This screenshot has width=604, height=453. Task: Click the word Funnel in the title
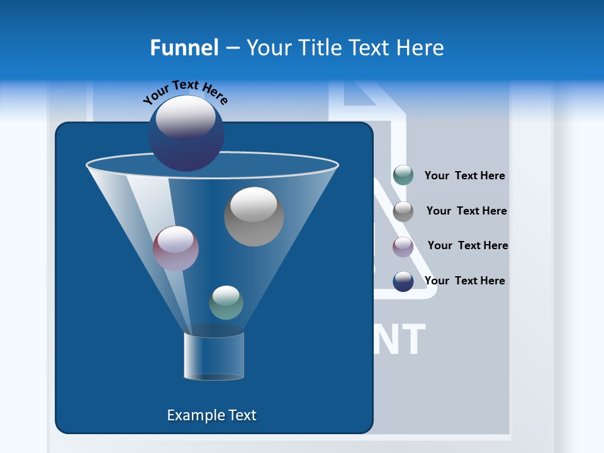184,48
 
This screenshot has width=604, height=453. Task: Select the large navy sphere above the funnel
186,133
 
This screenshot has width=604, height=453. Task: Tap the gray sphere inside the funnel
254,216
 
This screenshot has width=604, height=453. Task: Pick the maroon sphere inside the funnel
176,249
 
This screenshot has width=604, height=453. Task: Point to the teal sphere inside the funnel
226,303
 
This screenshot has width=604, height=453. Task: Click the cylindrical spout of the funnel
214,356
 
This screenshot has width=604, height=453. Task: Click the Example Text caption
211,415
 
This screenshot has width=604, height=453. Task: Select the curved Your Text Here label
185,91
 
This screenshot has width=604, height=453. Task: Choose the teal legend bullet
403,176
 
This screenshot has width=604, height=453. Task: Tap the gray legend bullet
403,211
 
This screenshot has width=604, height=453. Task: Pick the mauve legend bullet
403,247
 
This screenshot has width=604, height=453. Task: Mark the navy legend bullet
403,281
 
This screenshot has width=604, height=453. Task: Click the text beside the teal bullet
464,176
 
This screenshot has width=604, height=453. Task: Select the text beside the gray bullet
466,211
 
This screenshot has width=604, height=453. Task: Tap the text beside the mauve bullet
467,246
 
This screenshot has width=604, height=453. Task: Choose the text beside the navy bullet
464,281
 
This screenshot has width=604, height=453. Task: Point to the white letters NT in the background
400,340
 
